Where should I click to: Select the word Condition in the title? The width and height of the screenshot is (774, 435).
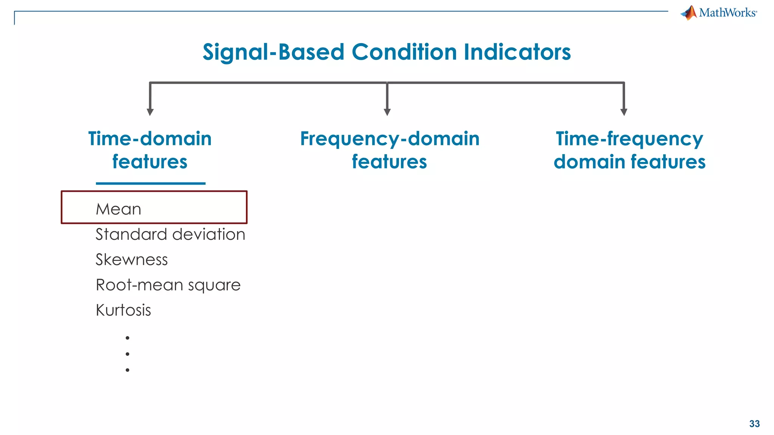point(404,52)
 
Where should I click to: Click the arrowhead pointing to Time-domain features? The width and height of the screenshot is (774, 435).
point(150,112)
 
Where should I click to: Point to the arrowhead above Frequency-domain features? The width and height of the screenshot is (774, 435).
point(387,112)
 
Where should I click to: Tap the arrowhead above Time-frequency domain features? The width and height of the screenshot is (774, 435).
point(624,112)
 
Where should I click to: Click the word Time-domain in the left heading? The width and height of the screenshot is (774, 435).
point(150,139)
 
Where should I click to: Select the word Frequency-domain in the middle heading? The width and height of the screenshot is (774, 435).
point(390,139)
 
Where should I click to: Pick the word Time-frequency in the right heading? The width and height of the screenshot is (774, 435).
point(629,139)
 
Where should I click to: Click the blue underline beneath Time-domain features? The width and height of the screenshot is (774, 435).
point(150,184)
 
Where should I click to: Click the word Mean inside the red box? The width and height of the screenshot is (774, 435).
point(118,209)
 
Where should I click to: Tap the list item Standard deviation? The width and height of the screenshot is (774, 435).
point(170,234)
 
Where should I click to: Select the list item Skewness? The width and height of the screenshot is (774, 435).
point(132,260)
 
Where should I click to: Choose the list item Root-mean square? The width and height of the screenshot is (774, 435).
point(168,285)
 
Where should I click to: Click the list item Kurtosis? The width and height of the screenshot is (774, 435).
point(123,310)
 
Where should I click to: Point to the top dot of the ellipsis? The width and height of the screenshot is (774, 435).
point(127,338)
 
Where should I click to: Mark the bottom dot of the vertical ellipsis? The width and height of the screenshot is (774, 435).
point(127,370)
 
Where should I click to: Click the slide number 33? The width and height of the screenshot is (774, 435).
point(754,424)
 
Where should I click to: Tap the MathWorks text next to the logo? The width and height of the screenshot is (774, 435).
point(728,13)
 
